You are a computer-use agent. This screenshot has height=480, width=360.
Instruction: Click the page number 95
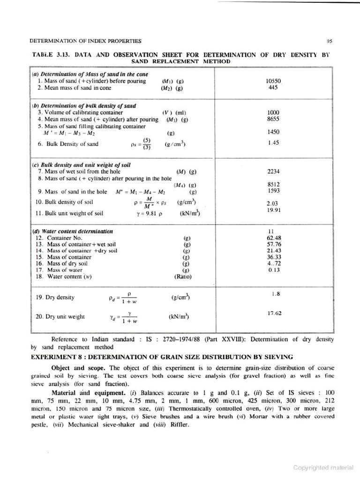pyautogui.click(x=330, y=41)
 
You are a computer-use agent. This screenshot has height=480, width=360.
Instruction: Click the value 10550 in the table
pyautogui.click(x=273, y=81)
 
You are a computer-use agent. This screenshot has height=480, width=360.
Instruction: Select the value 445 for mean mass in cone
pyautogui.click(x=273, y=88)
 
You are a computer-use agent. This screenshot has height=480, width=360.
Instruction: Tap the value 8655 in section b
pyautogui.click(x=273, y=120)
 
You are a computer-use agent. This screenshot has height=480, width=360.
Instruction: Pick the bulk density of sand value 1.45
pyautogui.click(x=273, y=142)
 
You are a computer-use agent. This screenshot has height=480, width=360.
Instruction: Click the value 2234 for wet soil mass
pyautogui.click(x=273, y=171)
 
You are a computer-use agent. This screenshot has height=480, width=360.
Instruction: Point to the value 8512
pyautogui.click(x=273, y=184)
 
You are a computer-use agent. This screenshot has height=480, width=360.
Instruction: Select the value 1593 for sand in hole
pyautogui.click(x=273, y=191)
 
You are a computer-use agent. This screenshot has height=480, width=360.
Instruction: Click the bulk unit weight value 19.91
pyautogui.click(x=273, y=210)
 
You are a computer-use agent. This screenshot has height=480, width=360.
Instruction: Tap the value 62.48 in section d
pyautogui.click(x=273, y=238)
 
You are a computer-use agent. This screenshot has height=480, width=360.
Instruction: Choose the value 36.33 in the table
pyautogui.click(x=273, y=257)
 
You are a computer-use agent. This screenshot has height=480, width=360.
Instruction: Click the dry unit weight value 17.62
pyautogui.click(x=274, y=313)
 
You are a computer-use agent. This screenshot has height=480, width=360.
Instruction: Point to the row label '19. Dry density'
pyautogui.click(x=55, y=297)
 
